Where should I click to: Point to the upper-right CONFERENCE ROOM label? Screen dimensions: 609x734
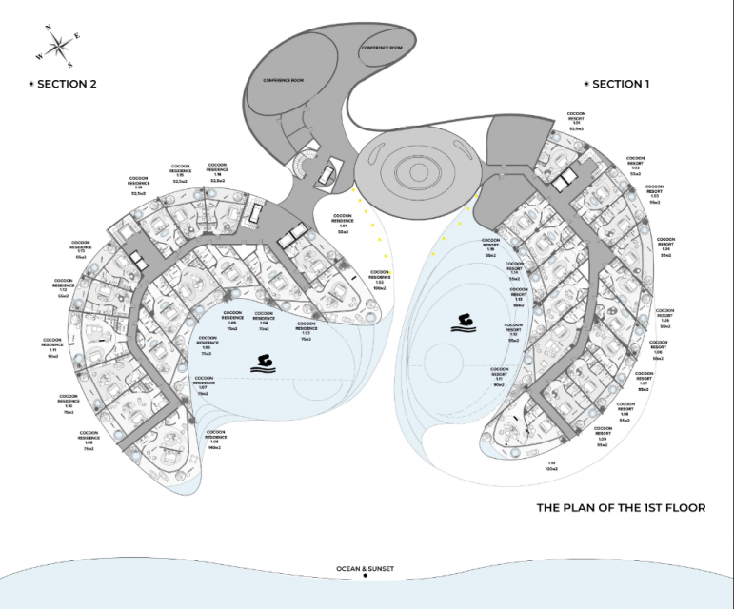click(x=382, y=47)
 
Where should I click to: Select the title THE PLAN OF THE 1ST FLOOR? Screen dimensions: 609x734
click(x=621, y=508)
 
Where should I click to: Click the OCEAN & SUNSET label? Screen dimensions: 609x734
click(x=366, y=569)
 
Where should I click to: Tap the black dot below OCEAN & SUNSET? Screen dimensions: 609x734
click(x=366, y=577)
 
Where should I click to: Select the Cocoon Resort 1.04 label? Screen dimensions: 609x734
click(x=666, y=246)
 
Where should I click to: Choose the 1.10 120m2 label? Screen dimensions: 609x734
click(x=551, y=466)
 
